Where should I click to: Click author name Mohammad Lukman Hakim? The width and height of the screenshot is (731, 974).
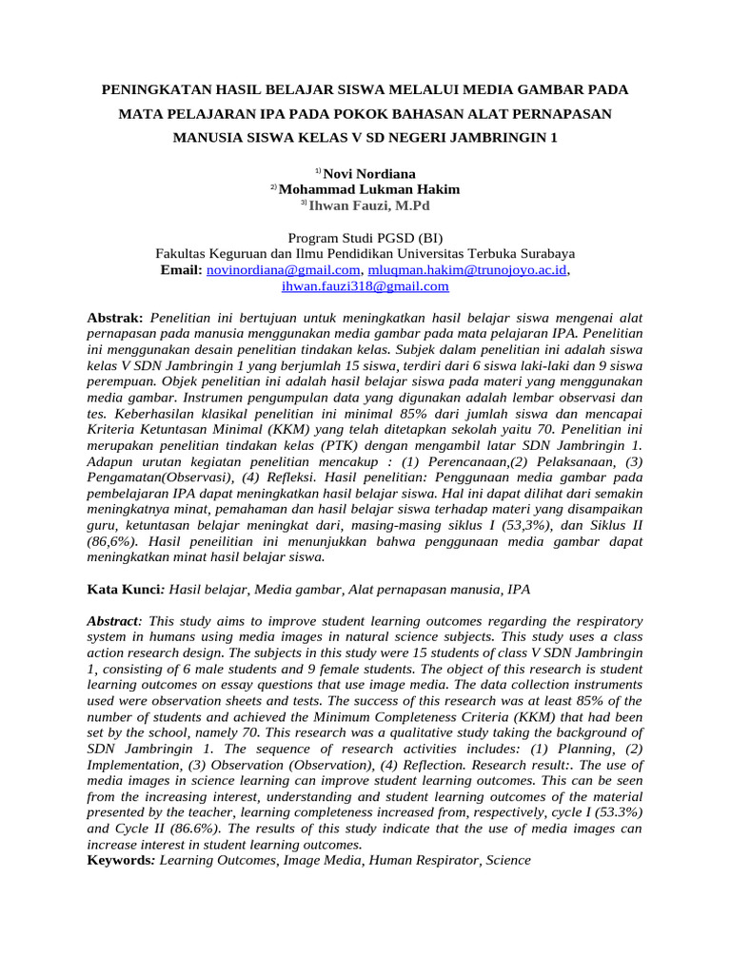[x=368, y=188]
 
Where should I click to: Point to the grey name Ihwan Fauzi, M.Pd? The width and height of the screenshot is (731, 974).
[x=369, y=204]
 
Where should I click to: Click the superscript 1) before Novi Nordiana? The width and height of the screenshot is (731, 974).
[x=319, y=171]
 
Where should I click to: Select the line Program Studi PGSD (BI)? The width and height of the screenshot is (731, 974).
[x=365, y=238]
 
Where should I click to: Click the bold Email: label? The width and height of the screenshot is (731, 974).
[x=182, y=270]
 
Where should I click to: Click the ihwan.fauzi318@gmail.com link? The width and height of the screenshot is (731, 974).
[x=365, y=285]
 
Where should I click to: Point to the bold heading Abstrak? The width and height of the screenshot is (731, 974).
[x=114, y=317]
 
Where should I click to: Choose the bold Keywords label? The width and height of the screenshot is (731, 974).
[x=121, y=860]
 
